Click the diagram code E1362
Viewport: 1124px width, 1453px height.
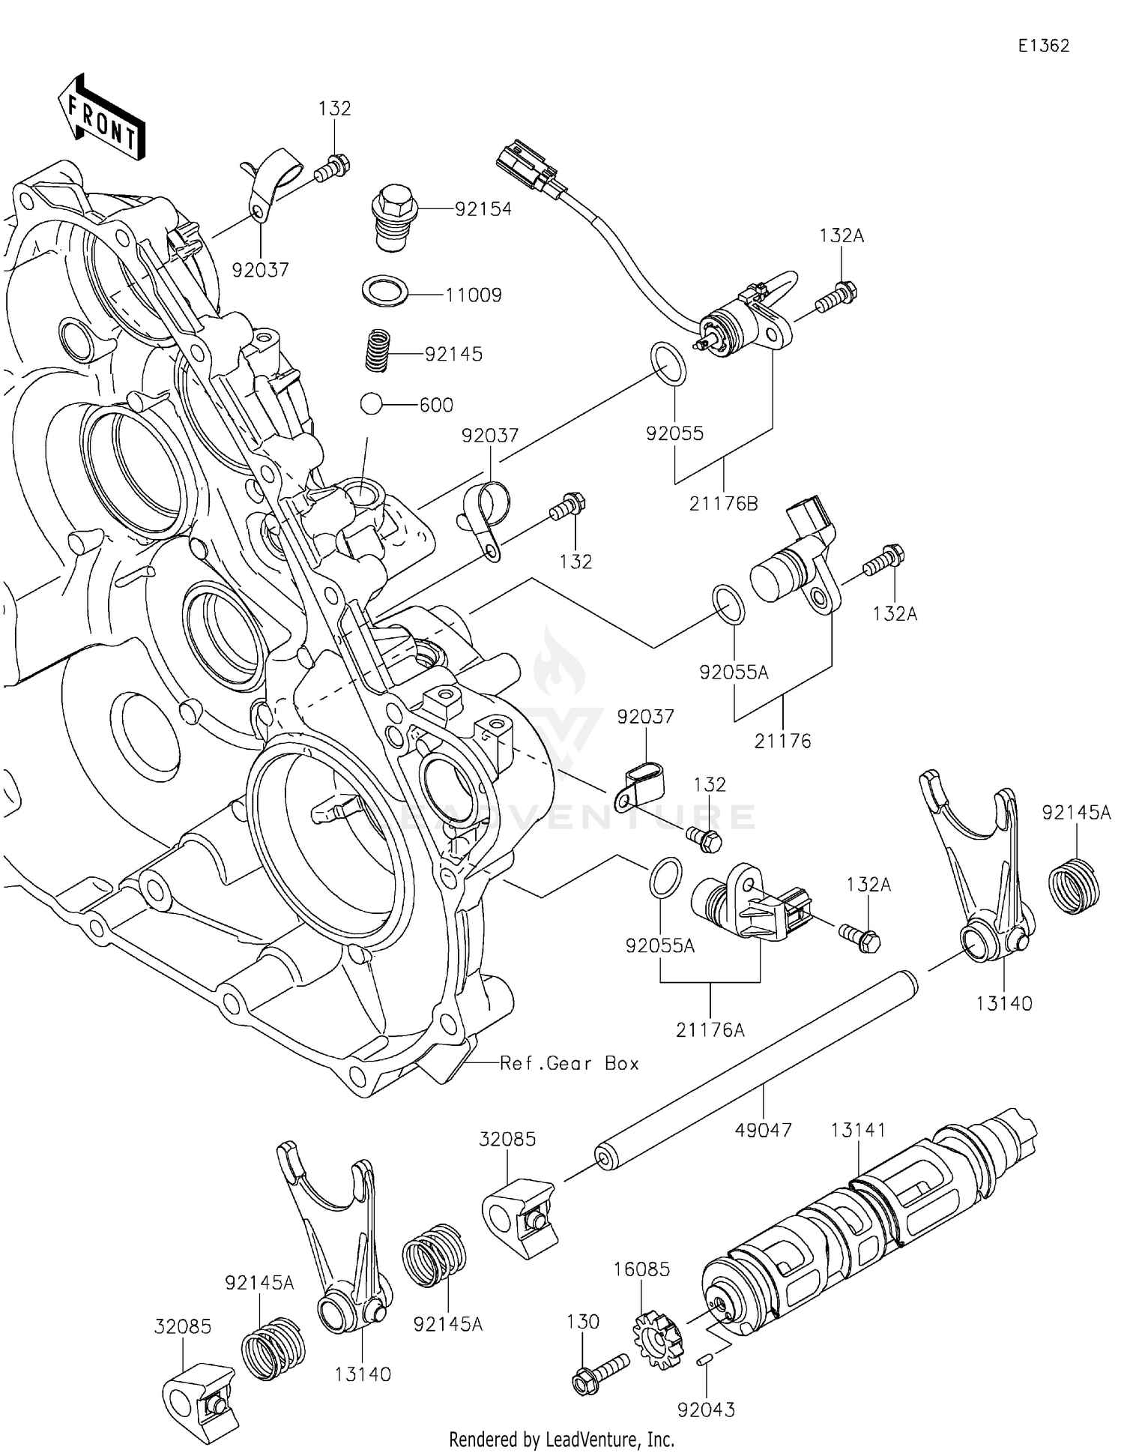pyautogui.click(x=1043, y=46)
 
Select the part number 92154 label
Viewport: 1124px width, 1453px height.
pyautogui.click(x=483, y=209)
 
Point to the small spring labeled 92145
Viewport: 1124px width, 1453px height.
pyautogui.click(x=381, y=350)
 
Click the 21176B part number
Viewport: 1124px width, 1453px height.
pyautogui.click(x=723, y=504)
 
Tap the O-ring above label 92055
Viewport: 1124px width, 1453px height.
pyautogui.click(x=668, y=363)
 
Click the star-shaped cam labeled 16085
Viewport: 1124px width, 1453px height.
pyautogui.click(x=659, y=1339)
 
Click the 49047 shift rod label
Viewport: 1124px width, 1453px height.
pyautogui.click(x=763, y=1130)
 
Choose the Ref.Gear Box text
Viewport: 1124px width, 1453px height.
pyautogui.click(x=569, y=1063)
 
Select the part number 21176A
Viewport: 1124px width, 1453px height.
pyautogui.click(x=710, y=1030)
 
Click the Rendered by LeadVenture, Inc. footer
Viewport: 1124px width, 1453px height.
pyautogui.click(x=561, y=1439)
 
